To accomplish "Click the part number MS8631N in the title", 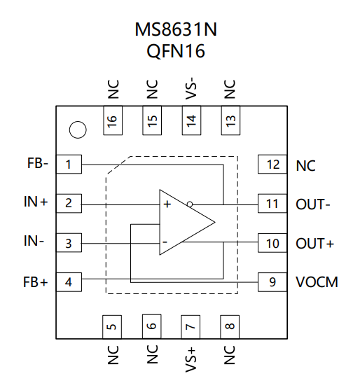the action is coord(176,29).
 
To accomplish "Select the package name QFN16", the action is coord(176,51).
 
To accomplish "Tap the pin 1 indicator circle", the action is coord(78,130).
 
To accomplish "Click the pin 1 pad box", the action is coord(69,164).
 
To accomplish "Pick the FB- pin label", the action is coord(38,163).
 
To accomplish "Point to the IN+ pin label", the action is coord(36,202).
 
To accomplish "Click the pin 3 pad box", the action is coord(69,243).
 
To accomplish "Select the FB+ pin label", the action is coord(35,282).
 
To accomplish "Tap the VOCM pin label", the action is coord(317,282).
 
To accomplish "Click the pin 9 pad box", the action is coord(272,282).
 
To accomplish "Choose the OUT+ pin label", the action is coord(314,244).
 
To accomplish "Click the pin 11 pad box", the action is coord(272,204).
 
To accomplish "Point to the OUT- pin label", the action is coord(313,204).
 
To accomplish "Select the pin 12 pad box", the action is coord(272,164).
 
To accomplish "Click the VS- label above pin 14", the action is coord(191,88).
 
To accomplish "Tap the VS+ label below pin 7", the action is coord(191,360).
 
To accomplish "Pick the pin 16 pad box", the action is coord(113,120).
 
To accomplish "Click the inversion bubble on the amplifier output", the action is coord(190,204).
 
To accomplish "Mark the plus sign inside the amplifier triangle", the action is coord(167,204).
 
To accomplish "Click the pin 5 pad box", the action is coord(112,327).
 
